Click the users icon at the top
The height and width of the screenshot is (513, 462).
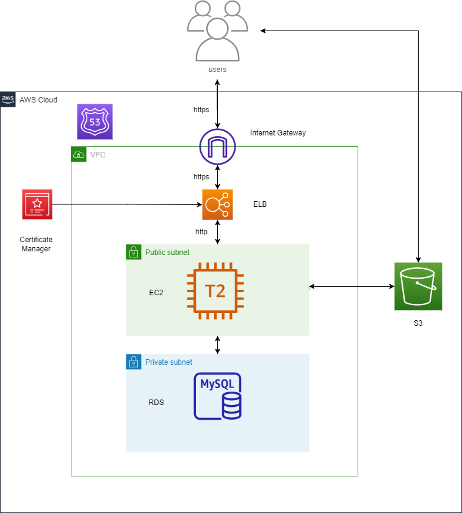point(217,31)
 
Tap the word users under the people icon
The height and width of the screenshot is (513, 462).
point(217,70)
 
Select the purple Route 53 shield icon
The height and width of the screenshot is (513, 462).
point(95,121)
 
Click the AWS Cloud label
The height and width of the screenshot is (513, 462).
point(38,99)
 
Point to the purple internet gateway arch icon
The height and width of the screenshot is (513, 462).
point(217,146)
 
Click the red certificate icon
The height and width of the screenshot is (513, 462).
point(37,204)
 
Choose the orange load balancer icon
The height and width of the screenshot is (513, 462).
point(217,204)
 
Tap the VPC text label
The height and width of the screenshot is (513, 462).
point(98,155)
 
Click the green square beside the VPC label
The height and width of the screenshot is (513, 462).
point(79,154)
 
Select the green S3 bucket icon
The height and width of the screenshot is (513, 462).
point(418,286)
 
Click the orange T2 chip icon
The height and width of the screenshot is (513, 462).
point(215,290)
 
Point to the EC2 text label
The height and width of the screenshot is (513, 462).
point(156,293)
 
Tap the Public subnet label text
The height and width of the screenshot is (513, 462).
point(167,253)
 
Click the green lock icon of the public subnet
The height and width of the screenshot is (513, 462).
point(133,252)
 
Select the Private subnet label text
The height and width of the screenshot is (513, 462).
point(168,362)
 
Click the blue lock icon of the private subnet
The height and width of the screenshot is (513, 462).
point(133,362)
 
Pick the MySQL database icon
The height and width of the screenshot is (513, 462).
point(217,396)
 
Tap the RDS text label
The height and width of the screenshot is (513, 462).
point(156,403)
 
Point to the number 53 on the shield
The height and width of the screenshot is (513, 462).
point(95,122)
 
